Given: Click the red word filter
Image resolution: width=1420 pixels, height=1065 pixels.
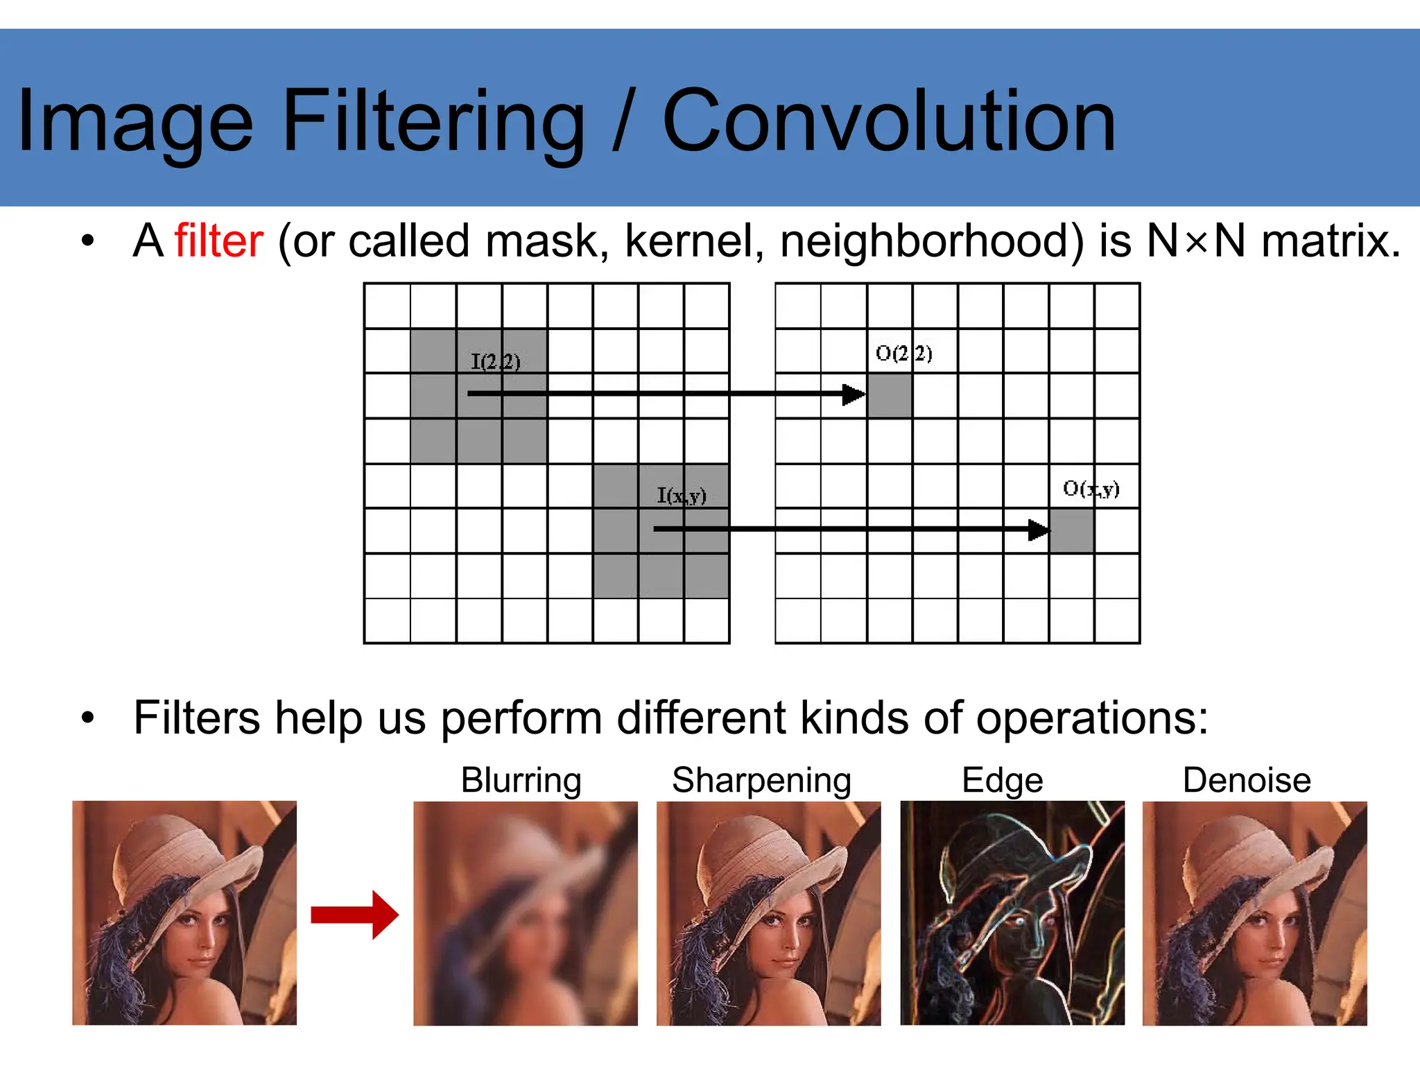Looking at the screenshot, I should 218,241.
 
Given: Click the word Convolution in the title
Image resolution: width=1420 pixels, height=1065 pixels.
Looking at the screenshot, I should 889,121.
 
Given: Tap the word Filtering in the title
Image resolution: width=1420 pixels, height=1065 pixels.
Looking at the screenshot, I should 434,121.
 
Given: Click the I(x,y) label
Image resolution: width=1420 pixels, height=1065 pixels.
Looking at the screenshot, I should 682,495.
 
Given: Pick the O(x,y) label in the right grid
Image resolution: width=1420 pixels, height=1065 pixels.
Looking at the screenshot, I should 1091,489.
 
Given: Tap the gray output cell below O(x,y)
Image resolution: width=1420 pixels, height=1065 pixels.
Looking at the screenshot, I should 1072,531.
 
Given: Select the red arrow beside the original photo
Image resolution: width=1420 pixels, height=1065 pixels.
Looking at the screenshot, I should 354,915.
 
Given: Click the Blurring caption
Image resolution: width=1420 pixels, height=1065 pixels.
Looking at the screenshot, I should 521,780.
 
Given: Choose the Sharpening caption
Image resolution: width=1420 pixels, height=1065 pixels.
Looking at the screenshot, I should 761,780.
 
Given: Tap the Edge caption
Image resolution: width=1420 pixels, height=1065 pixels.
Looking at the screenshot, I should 1002,780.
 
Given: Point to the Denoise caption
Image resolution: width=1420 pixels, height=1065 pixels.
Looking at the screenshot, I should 1246,780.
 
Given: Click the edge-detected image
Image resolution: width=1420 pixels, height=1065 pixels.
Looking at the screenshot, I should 1012,913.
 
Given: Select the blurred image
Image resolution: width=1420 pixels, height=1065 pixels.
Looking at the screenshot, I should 526,913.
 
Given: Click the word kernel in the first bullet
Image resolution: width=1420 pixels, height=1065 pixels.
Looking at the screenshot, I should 693,241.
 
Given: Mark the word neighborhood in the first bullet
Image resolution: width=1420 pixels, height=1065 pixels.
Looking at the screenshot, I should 931,241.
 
